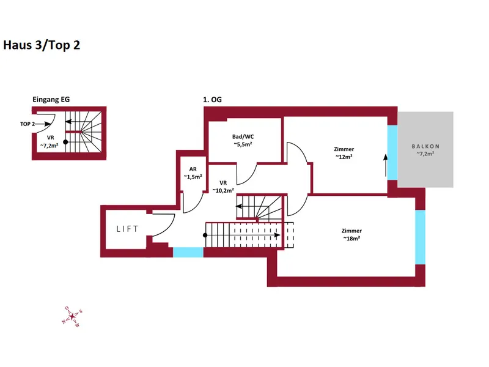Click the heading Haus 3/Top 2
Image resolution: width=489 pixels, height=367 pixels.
coord(42,45)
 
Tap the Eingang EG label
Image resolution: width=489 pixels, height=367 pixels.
coord(51,100)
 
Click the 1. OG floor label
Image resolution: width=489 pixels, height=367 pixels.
coord(212,100)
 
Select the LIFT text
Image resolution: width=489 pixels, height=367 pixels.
coord(127,229)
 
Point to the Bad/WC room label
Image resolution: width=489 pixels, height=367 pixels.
coord(243,136)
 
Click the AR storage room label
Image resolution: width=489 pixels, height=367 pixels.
coord(193,169)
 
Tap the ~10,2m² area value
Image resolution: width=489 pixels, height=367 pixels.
coord(223,190)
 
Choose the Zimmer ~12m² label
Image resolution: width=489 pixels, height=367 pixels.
coord(344,153)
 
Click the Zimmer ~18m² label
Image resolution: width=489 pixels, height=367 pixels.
coord(352,234)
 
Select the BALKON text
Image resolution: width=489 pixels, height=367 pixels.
coord(425,146)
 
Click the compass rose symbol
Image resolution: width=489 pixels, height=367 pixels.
coord(72,317)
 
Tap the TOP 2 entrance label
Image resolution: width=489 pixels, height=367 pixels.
coord(28,124)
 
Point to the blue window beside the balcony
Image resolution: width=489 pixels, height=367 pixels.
coord(392,152)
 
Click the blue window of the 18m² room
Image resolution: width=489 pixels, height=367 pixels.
coord(420,237)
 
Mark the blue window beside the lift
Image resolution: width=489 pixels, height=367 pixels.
coord(188,252)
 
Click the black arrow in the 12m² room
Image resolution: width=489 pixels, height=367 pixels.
coord(386,165)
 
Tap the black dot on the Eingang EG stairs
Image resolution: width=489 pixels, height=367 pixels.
coord(65,142)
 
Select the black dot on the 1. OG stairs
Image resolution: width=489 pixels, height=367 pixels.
coord(205,235)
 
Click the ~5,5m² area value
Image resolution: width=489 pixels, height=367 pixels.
coord(243,144)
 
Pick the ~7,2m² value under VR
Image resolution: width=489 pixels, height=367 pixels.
coord(50,146)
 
